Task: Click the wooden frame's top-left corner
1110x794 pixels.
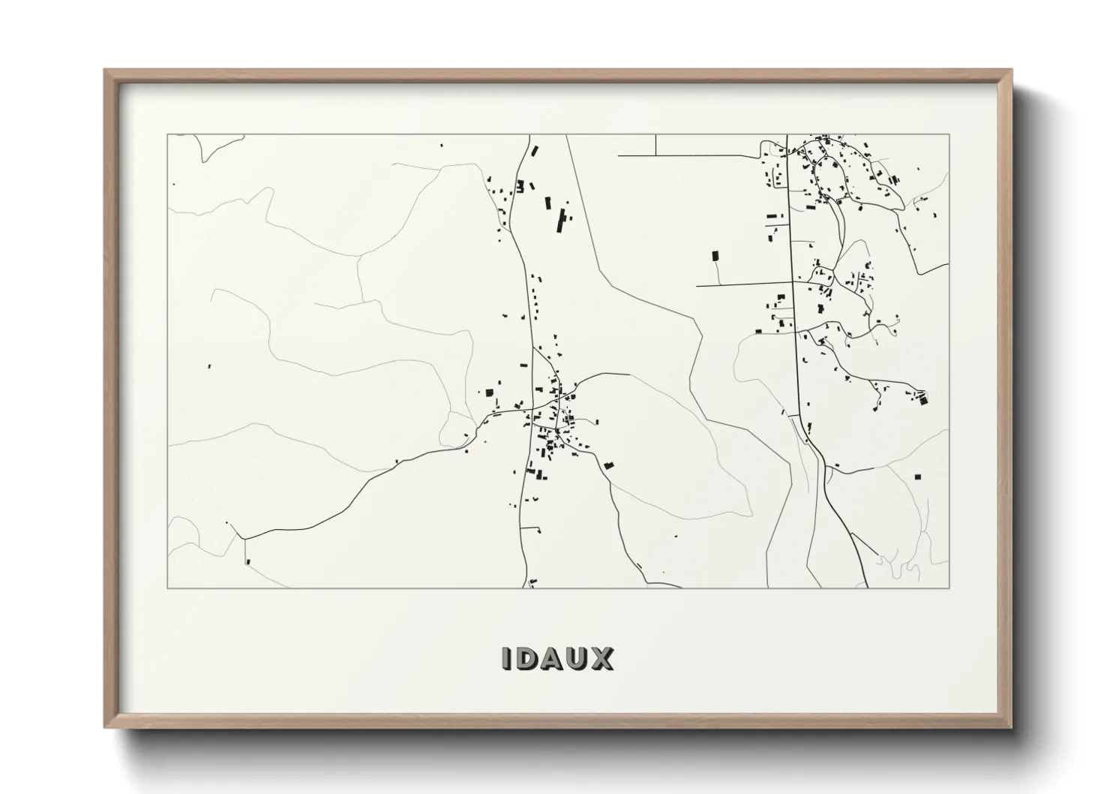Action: click(105, 71)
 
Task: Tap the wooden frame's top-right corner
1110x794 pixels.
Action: click(1011, 71)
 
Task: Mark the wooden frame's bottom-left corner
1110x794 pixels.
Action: click(105, 727)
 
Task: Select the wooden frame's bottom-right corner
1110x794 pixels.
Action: click(1011, 727)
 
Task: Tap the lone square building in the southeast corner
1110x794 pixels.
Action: click(917, 476)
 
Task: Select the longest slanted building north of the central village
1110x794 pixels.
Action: click(559, 221)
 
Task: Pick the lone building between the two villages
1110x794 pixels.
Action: click(715, 256)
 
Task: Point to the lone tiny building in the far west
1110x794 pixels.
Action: click(209, 366)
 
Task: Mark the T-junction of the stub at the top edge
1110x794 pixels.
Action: click(655, 155)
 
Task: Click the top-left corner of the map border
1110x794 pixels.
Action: click(167, 134)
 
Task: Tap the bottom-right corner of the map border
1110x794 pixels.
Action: click(949, 588)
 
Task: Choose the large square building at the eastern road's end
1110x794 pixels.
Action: click(923, 399)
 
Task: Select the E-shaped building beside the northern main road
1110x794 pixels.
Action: click(519, 185)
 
